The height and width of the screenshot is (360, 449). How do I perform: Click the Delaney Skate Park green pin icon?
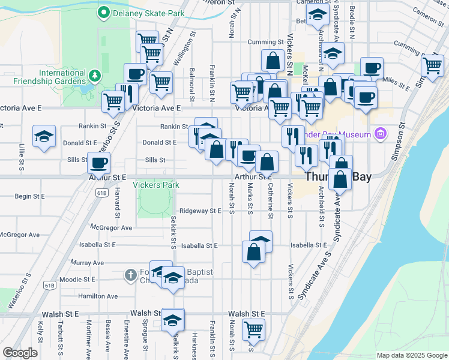pos(103,12)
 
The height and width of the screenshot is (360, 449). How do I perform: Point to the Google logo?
pos(20,353)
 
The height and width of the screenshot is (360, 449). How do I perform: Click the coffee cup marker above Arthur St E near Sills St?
pos(98,162)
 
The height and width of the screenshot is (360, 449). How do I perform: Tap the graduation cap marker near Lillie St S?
pos(44,137)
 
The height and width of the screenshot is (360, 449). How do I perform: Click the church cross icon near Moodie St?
pos(131,275)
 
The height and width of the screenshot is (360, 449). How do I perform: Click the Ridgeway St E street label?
pos(200,211)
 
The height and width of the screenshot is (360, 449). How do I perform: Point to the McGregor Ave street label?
pos(110,228)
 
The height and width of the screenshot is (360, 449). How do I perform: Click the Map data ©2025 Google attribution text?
pos(412,355)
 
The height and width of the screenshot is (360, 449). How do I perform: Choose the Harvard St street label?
pos(118,203)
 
